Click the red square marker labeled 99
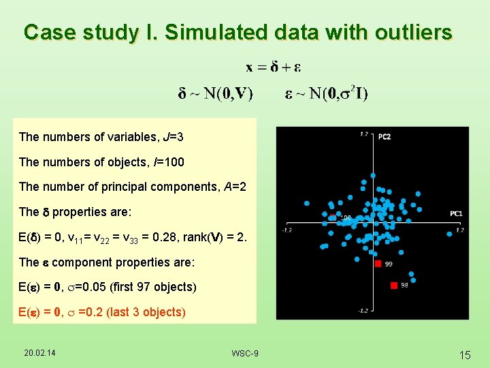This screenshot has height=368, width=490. (x=378, y=263)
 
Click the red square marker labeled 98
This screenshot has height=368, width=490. (x=393, y=285)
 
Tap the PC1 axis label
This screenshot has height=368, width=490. (x=455, y=214)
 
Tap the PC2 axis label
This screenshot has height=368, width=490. (x=385, y=136)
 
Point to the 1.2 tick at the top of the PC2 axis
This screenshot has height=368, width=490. (x=363, y=134)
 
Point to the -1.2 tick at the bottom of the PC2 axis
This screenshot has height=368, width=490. (x=364, y=310)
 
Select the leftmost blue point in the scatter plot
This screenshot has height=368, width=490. (x=306, y=203)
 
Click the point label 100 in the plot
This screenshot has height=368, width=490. (x=346, y=218)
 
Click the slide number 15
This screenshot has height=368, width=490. (x=465, y=354)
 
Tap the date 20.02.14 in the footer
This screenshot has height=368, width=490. (x=40, y=352)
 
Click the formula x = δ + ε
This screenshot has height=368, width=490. (x=273, y=67)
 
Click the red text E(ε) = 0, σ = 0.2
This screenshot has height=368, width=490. (x=102, y=312)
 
